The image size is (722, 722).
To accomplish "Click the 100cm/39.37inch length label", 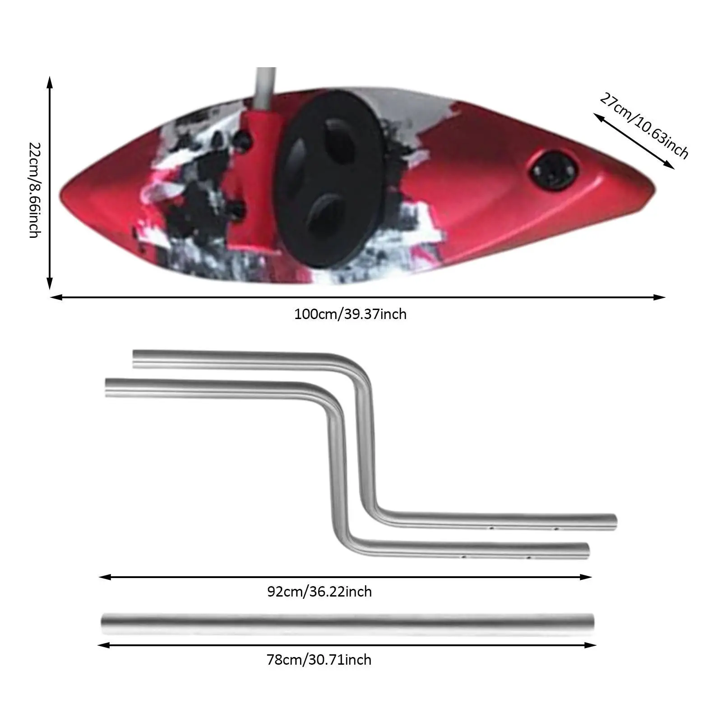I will click(350, 314).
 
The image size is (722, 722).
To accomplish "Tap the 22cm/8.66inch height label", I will click(35, 190).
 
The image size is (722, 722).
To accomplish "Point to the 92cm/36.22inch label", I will click(319, 591).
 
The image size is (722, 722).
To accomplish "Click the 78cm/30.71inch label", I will click(319, 660).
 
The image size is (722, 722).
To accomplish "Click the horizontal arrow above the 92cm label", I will click(345, 577).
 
